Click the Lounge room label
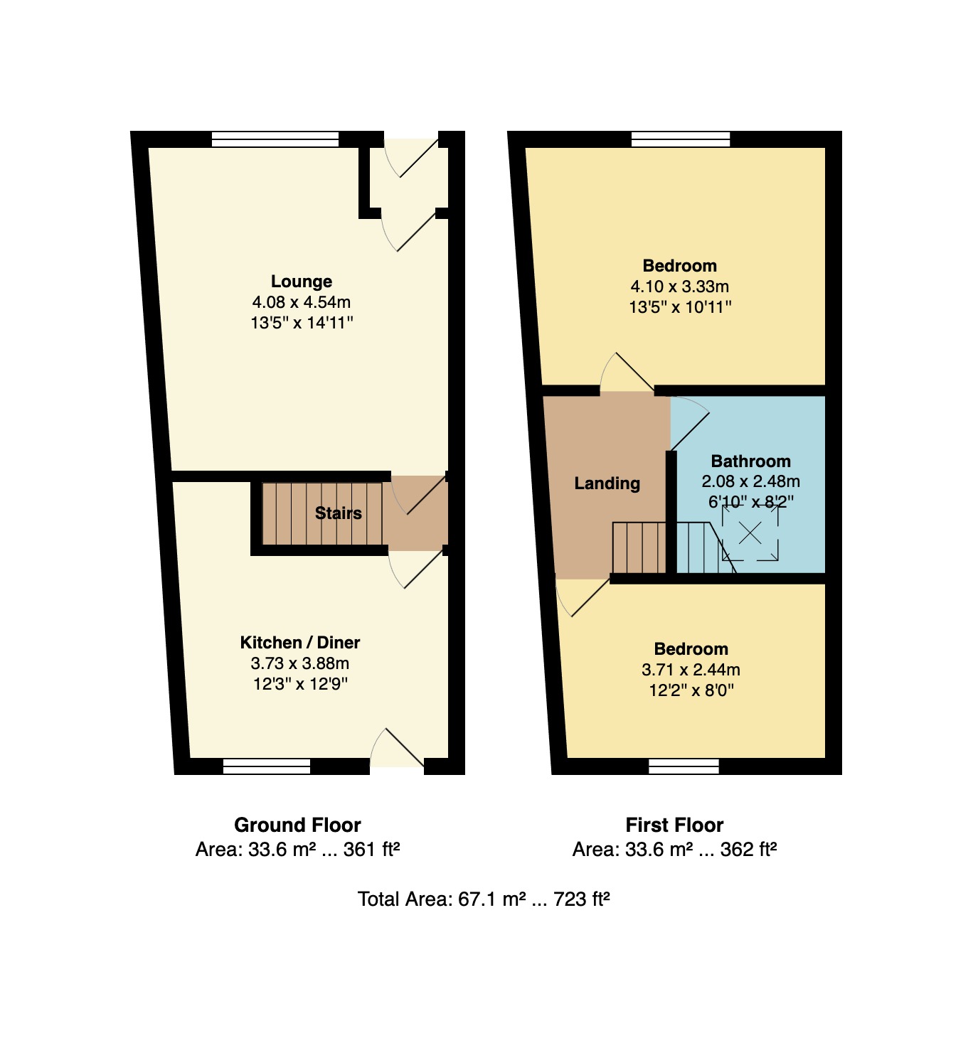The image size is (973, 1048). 302,282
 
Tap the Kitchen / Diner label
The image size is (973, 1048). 300,642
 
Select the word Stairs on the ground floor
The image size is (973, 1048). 339,513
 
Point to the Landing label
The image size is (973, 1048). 607,483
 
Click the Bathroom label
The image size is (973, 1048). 751,461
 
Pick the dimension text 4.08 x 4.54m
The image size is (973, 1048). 302,302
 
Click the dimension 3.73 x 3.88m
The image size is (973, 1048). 300,663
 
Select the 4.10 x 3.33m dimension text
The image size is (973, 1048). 680,287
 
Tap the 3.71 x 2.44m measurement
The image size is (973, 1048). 691,670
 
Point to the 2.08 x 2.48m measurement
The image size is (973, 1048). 751,481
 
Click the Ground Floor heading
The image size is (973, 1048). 298,825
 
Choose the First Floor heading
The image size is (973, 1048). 675,825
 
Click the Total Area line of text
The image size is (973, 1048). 484,899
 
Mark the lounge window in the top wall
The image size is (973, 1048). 275,139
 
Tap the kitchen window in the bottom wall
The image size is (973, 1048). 267,766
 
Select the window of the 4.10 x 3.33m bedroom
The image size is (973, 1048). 681,139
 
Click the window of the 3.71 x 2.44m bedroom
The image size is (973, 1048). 684,766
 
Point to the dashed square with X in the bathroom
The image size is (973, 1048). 750,533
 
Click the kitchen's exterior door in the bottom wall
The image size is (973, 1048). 397,748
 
